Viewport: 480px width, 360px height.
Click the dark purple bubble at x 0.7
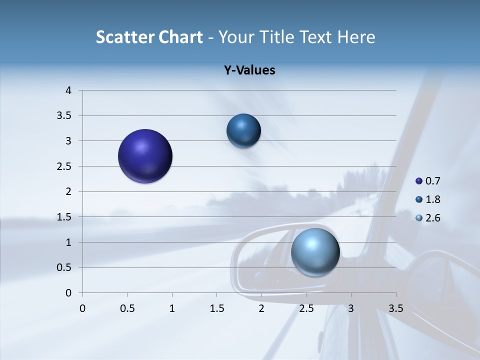coord(145,156)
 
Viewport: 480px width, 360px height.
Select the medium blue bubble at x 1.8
coord(243,131)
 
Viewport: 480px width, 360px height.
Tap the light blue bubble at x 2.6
coord(315,252)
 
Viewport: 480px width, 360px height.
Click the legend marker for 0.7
coord(419,181)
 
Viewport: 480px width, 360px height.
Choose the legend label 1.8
coord(432,199)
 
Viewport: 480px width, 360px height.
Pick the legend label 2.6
coord(432,218)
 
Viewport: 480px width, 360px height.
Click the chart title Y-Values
coord(249,70)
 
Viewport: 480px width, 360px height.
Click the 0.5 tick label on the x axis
coord(127,308)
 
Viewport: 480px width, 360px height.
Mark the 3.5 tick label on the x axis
coord(395,308)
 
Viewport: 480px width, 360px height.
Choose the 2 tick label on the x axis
coord(261,308)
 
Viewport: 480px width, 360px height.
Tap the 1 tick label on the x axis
coord(172,308)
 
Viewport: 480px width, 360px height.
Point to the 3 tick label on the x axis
coord(351,308)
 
